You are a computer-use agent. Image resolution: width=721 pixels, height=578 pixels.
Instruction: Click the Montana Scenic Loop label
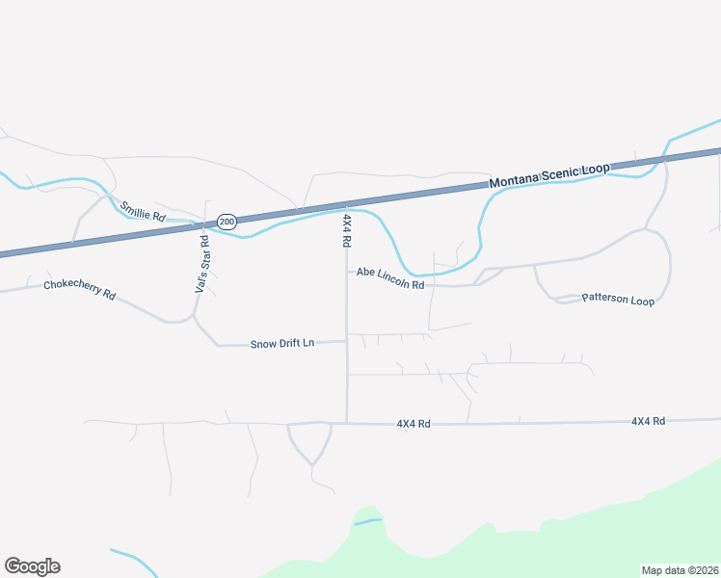point(549,175)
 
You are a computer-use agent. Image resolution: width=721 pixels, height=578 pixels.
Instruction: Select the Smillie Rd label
point(142,212)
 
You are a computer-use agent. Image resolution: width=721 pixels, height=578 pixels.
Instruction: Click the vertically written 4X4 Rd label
point(346,231)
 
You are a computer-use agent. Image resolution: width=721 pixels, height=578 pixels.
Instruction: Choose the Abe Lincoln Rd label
point(390,278)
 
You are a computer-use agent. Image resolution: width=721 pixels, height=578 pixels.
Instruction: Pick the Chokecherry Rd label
point(79,290)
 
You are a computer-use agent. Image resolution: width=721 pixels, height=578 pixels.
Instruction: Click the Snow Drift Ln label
point(282,343)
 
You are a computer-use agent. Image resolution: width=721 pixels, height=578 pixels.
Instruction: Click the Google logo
point(32,566)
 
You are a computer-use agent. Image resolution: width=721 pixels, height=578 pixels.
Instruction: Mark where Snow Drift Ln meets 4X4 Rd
point(347,341)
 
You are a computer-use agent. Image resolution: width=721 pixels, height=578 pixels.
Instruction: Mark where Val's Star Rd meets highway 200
point(205,224)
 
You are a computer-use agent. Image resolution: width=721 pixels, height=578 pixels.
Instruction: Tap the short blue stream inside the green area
point(368,522)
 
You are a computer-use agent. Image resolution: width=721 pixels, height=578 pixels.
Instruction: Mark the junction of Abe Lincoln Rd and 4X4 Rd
point(347,272)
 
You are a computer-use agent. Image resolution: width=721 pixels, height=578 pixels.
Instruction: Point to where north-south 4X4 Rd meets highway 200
point(347,206)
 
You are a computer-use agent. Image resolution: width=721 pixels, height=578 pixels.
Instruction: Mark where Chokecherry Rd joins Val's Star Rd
point(195,315)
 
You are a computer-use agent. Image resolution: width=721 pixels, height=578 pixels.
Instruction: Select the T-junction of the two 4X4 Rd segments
point(347,423)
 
